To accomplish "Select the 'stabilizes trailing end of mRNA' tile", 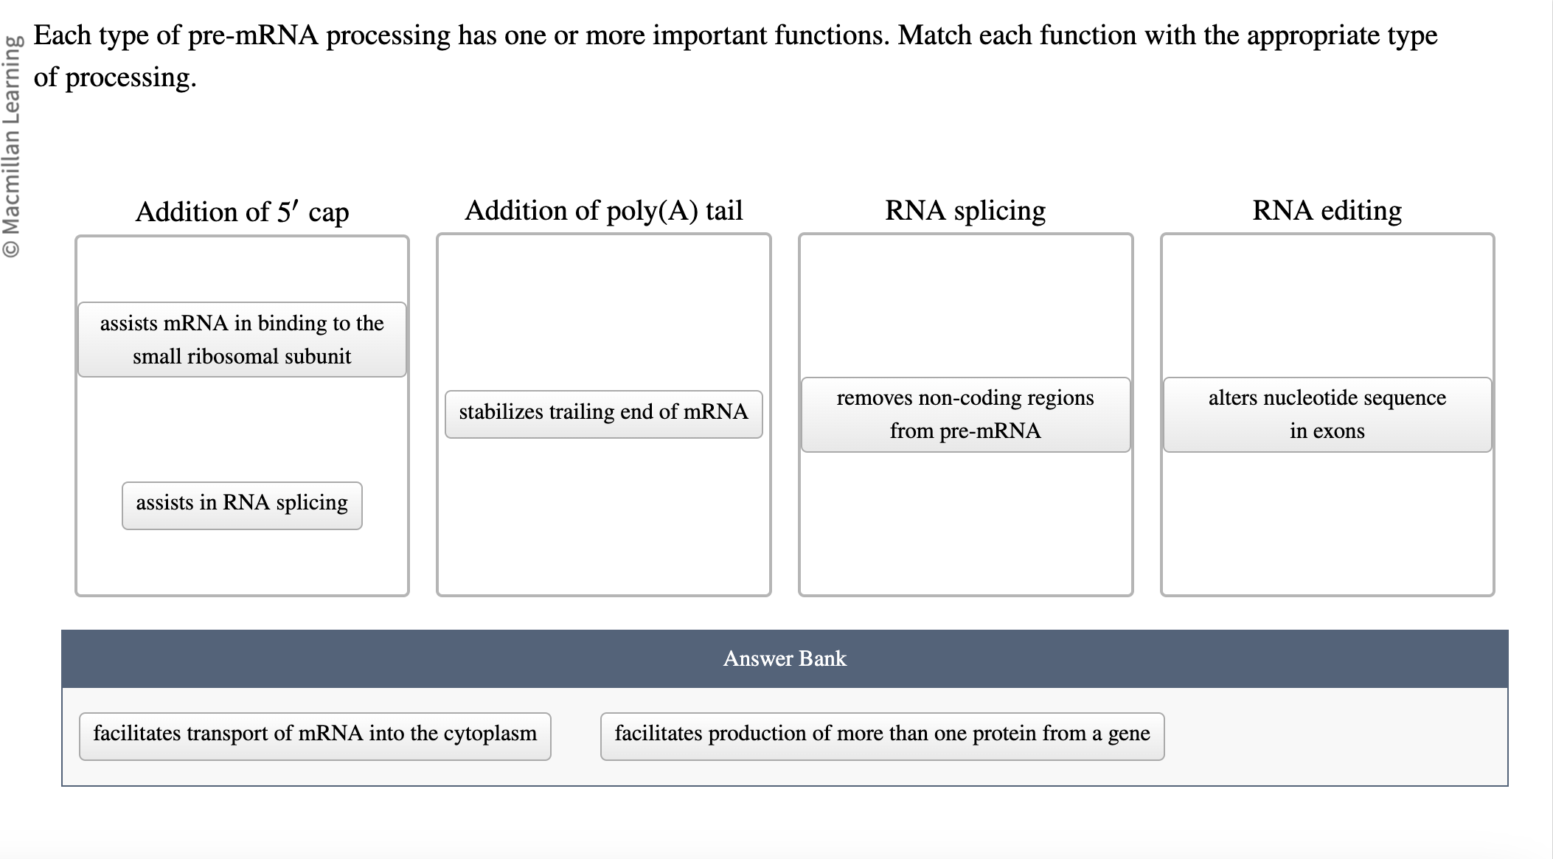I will tap(603, 414).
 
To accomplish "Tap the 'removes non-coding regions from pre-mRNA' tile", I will tap(965, 414).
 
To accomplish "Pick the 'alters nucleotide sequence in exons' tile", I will tap(1327, 414).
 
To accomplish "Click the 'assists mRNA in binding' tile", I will tap(242, 339).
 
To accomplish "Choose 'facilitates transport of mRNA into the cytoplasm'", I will tap(315, 735).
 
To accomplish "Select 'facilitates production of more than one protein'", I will tap(882, 735).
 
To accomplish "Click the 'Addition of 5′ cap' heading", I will tap(242, 212).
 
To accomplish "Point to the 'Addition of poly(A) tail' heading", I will tap(603, 211).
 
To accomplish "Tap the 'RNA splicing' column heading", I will tap(965, 211).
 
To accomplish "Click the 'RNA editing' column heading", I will tap(1327, 211).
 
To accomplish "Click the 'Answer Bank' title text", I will tap(785, 658).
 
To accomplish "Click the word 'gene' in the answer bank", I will tap(1128, 735).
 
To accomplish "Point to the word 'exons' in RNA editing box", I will tap(1339, 431).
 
